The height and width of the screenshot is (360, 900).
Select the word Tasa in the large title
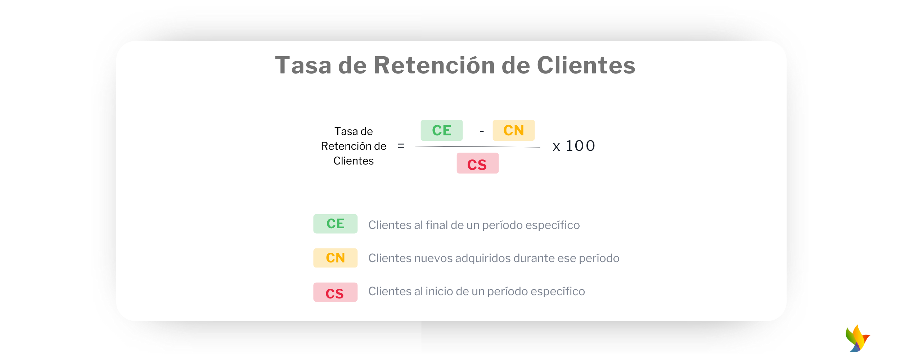click(x=303, y=66)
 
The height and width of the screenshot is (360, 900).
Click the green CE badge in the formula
click(x=442, y=130)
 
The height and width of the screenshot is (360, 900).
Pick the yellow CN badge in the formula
click(x=514, y=130)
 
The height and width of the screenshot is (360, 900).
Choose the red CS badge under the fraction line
click(x=478, y=163)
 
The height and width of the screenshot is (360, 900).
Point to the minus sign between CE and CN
click(x=482, y=132)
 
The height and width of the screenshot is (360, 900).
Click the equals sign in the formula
click(x=401, y=146)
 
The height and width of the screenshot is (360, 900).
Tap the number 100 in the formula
click(x=580, y=146)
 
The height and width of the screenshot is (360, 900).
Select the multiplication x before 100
click(x=556, y=147)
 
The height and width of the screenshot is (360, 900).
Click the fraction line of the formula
click(x=478, y=147)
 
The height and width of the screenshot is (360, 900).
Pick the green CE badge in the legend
click(x=336, y=224)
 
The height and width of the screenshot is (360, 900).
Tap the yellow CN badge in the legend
click(x=336, y=258)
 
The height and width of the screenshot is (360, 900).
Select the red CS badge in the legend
click(x=336, y=292)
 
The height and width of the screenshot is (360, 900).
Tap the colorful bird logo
click(x=858, y=338)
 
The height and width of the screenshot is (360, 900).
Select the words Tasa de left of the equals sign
click(x=354, y=131)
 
